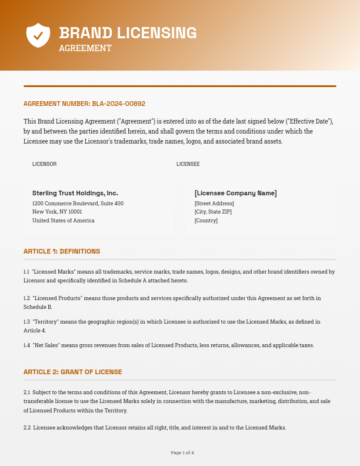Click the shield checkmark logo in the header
coord(38,35)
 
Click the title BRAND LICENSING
coord(128,33)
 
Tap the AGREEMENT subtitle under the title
coord(85,48)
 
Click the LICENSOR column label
coord(44,164)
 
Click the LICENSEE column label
coord(188,164)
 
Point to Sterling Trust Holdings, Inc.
coord(75,193)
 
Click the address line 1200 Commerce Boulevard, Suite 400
coord(78,204)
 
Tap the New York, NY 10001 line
coord(57,212)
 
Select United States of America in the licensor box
coord(63,221)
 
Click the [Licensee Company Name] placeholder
coord(235,193)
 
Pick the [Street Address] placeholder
coord(214,204)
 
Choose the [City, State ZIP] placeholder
coord(213,212)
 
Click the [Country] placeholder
coord(206,221)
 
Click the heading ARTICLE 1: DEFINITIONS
coord(62,251)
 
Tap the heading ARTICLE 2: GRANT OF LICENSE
coord(72,372)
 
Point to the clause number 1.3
coord(26,322)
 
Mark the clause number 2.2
coord(26,428)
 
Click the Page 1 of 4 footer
coord(182,452)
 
